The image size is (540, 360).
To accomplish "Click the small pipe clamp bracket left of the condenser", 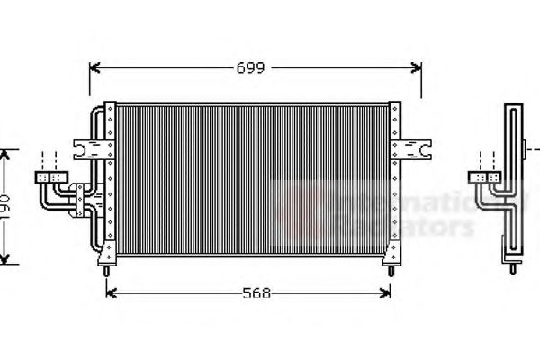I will [x=82, y=191].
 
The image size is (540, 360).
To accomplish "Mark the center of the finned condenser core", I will [x=252, y=180].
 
